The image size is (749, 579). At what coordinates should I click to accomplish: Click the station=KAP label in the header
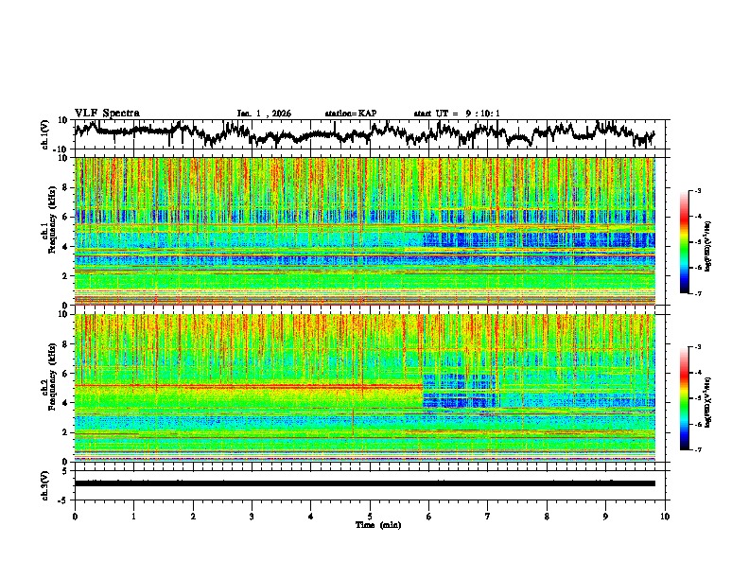(350, 114)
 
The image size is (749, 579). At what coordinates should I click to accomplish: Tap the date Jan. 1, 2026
(264, 114)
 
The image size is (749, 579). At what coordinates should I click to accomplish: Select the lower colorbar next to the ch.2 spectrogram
(691, 398)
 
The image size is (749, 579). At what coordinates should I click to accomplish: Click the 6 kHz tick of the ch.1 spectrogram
(67, 217)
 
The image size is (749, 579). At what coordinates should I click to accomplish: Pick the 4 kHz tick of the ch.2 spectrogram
(67, 402)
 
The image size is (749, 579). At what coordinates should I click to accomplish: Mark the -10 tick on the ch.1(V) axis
(62, 149)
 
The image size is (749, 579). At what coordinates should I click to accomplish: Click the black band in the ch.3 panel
(369, 483)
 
